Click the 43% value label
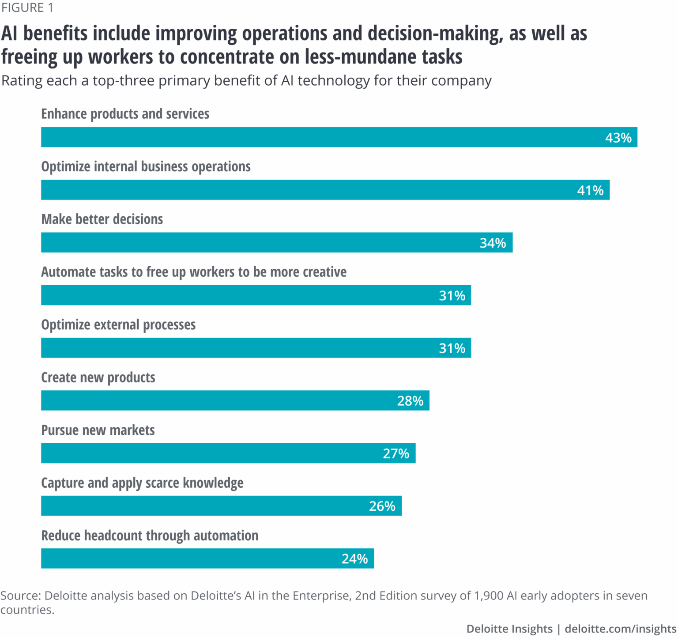(618, 138)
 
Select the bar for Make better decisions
(276, 242)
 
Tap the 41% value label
(590, 190)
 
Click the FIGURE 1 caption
(27, 8)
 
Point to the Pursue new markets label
(98, 430)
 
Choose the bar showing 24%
(207, 558)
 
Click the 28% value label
(410, 401)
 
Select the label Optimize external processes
(118, 324)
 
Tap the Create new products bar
(235, 400)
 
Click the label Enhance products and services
(125, 114)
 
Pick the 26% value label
(382, 506)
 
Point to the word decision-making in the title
(435, 34)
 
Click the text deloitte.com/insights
(620, 629)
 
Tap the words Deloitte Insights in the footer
(509, 629)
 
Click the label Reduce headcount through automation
(150, 535)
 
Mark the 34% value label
(493, 243)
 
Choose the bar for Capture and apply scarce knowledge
(221, 506)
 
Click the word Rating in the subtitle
(23, 81)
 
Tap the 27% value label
(396, 453)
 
